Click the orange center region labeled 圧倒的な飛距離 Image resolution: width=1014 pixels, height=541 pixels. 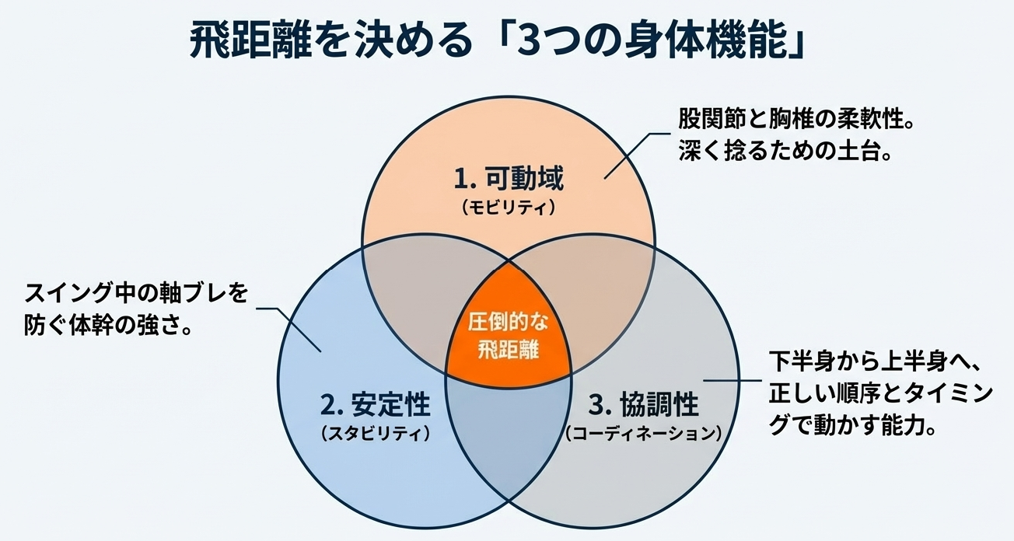pos(508,334)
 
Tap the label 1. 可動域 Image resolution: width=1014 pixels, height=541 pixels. pos(508,180)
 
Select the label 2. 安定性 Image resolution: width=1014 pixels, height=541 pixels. pos(375,405)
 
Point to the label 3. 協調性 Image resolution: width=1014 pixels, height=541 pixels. pos(643,405)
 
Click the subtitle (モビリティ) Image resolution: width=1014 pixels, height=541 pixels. pos(508,208)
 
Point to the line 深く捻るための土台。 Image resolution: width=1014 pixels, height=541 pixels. pos(785,150)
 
